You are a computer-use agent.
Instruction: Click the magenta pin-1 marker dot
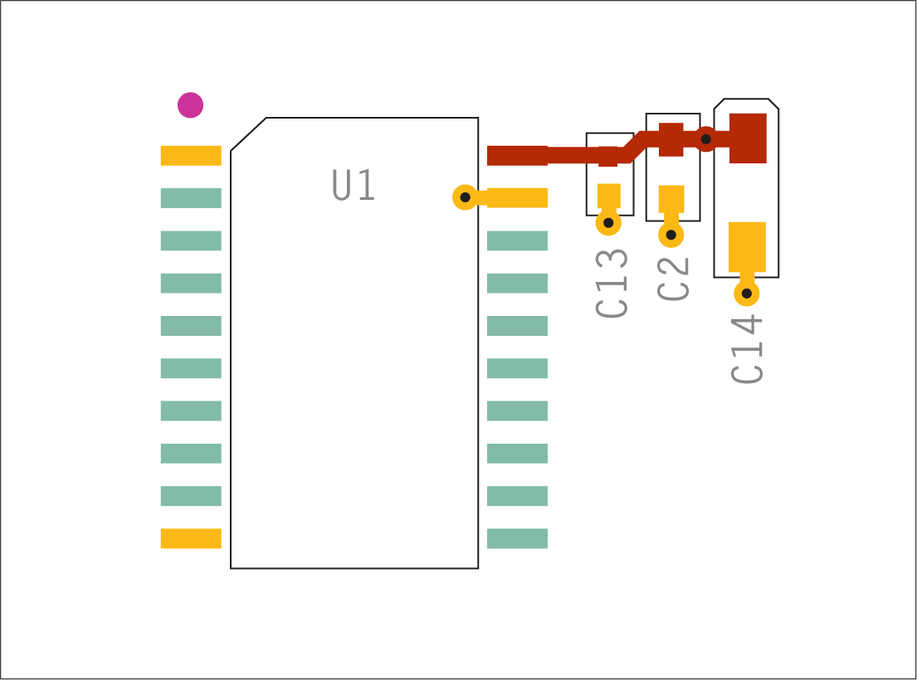coord(190,105)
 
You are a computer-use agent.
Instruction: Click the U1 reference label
coord(354,185)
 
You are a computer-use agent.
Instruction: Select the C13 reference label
coord(611,284)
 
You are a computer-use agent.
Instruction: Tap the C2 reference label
coord(673,279)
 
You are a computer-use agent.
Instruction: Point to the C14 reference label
coord(747,349)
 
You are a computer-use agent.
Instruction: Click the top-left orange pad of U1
coord(191,155)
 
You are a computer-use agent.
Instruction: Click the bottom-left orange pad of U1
coord(191,539)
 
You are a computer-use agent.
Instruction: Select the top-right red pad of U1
coord(518,155)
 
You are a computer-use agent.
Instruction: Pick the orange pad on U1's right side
coord(518,198)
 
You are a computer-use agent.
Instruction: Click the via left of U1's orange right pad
coord(465,197)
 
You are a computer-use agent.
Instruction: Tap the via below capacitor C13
coord(608,222)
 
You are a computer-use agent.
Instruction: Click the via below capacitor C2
coord(671,235)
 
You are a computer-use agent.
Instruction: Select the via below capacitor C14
coord(747,294)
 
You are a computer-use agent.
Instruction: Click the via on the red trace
coord(706,139)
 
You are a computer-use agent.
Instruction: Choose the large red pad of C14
coord(748,138)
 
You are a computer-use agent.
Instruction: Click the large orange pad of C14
coord(747,247)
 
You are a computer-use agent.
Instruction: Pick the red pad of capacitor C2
coord(671,139)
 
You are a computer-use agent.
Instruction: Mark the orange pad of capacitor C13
coord(609,197)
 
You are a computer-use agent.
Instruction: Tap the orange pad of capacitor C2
coord(671,199)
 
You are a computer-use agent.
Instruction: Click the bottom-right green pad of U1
coord(518,539)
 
